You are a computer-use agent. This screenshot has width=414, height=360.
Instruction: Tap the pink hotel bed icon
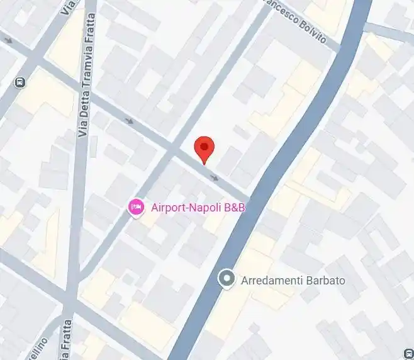click(135, 207)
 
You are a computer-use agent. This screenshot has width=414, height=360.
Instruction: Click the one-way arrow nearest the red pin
click(215, 177)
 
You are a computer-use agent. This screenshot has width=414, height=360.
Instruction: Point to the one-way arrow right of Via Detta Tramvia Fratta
click(129, 121)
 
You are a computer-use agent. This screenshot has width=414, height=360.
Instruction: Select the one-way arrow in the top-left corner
click(8, 40)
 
